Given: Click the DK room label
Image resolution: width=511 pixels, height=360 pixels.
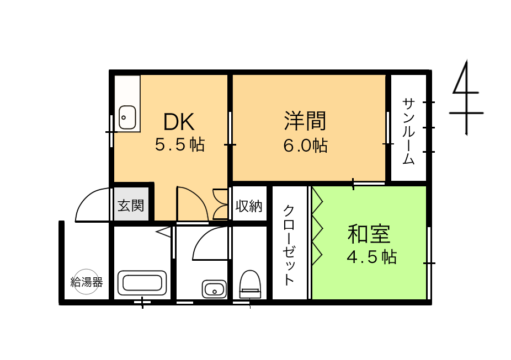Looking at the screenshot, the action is [179, 121].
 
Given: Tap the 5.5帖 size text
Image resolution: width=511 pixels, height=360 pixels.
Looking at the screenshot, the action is [180, 144].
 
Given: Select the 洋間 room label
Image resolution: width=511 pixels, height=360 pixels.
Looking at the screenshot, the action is [305, 121].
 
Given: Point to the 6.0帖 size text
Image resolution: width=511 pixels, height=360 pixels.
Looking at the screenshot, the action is [305, 145].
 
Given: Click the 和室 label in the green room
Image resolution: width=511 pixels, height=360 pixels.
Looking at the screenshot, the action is [369, 234].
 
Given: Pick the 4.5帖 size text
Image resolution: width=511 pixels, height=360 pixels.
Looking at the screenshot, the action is [371, 257].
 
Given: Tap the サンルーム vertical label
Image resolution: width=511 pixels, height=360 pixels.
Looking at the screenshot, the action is [409, 131].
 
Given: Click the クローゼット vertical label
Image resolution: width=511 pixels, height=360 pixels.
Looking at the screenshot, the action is [289, 245].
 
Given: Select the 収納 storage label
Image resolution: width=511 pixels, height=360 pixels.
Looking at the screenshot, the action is [249, 206].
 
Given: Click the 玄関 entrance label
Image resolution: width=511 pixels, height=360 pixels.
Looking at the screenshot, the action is [131, 206].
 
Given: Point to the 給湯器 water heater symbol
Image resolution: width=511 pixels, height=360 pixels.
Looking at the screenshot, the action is [86, 282].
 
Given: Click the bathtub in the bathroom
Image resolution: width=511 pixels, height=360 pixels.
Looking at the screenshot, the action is [142, 282].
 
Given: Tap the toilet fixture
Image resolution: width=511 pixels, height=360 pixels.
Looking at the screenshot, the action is [251, 284].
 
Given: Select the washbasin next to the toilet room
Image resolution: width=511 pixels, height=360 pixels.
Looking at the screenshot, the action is [214, 289].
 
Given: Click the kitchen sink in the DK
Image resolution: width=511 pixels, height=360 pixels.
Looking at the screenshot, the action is [127, 117].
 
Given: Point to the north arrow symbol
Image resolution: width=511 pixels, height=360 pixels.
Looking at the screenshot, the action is [466, 98].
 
